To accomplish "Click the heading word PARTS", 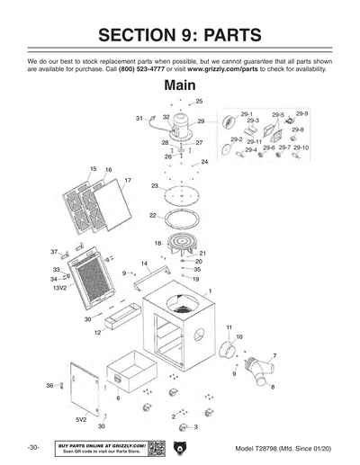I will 224,36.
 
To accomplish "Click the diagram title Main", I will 180,87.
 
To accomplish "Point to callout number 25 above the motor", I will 199,102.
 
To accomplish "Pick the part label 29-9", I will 301,114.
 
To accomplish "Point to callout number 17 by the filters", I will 128,181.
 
